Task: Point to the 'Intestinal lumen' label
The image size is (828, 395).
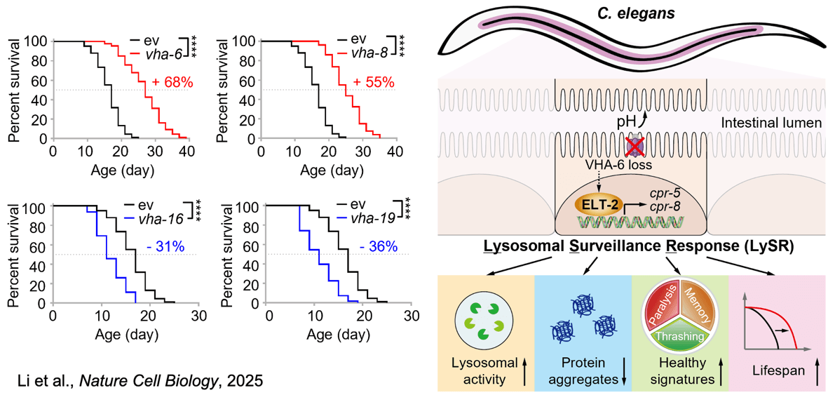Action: coord(767,126)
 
